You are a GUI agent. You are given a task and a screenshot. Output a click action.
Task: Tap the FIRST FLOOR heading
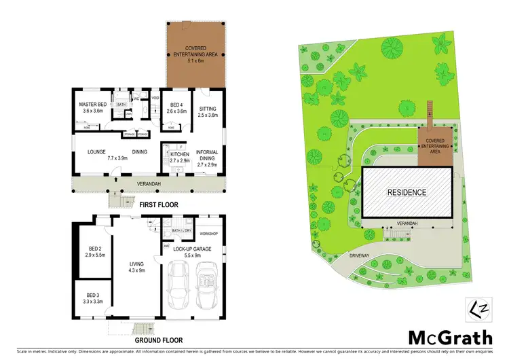coord(159,204)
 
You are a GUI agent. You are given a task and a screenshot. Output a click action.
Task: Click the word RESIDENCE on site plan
coord(407,192)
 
